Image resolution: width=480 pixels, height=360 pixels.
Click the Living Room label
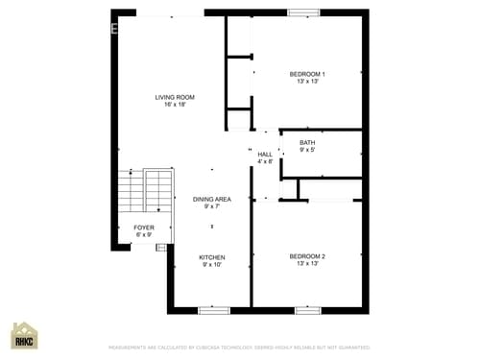coord(176,97)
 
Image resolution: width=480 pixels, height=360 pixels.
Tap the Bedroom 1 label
coord(307,74)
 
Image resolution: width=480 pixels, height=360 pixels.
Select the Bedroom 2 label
coord(307,256)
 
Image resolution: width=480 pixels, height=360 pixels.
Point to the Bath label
coord(307,143)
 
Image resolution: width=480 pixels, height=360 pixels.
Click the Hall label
coord(265,154)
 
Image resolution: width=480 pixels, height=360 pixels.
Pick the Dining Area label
coord(212,199)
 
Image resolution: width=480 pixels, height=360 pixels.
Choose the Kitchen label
coord(212,257)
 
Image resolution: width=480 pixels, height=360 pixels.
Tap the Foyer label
coord(144,228)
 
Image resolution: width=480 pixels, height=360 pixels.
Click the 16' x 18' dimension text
coord(176,105)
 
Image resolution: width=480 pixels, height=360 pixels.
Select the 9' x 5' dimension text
coord(307,151)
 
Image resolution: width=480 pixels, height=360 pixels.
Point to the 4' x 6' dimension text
coord(265,161)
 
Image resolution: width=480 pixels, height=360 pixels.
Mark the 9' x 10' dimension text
coord(212,265)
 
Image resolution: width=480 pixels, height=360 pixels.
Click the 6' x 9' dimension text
coord(144,235)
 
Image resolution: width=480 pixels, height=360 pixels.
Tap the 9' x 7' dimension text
coord(212,206)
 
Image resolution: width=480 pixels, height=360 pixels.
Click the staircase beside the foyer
coord(143,192)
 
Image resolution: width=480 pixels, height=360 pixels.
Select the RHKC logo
coord(24,335)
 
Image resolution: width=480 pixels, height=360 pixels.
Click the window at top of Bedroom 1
coord(304,12)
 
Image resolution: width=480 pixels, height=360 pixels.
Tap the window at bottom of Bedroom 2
coord(307,310)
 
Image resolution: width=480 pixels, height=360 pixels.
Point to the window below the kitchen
coord(212,310)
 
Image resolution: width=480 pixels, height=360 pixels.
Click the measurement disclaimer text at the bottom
coord(239,348)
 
